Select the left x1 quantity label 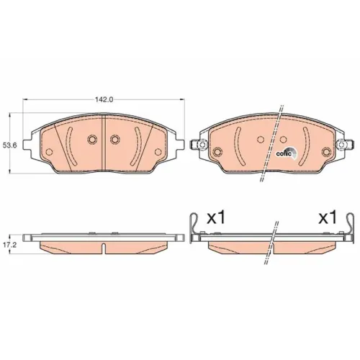coord(216,218)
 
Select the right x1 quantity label coord(328,218)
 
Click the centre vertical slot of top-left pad coord(104,143)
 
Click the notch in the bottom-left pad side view coord(104,248)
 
